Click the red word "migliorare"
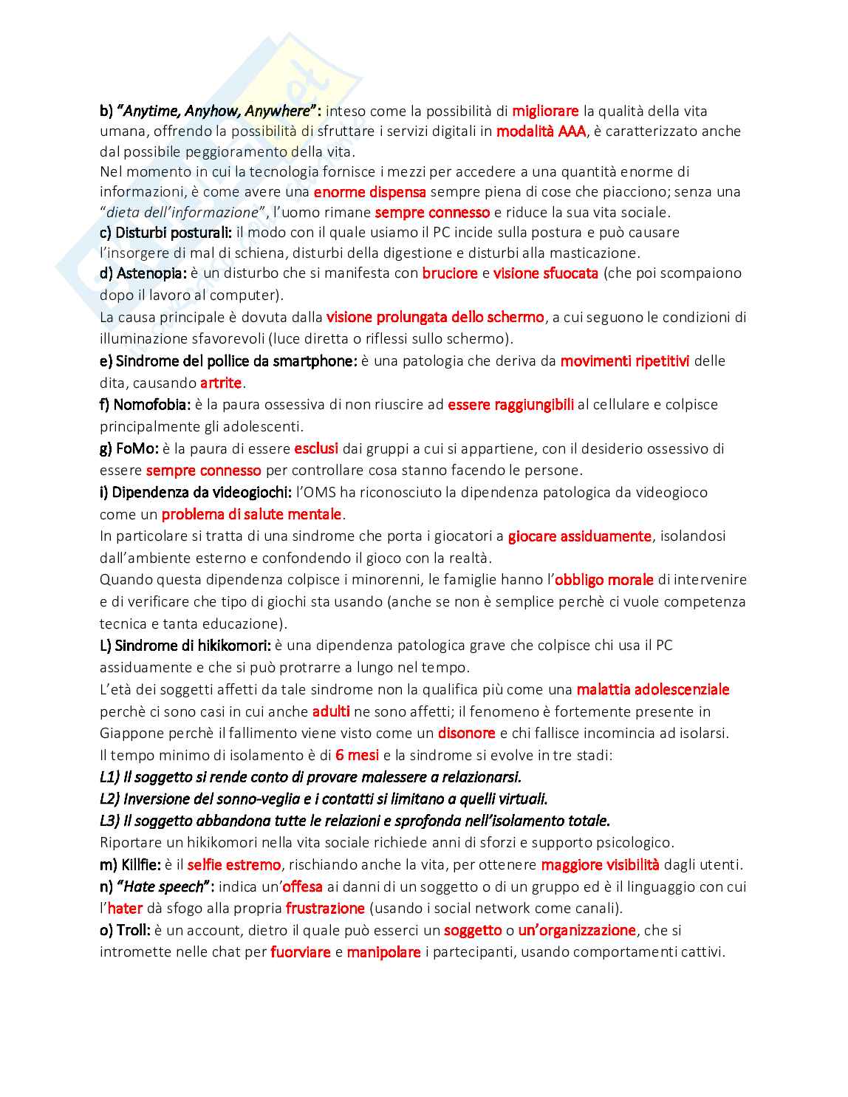pos(545,111)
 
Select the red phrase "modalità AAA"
pos(541,131)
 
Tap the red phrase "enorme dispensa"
pos(369,192)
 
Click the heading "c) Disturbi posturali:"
pos(166,232)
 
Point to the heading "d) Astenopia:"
pos(143,273)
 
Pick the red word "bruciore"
pos(450,273)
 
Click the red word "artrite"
pos(221,383)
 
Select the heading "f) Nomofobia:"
pos(146,405)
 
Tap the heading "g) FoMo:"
pos(129,448)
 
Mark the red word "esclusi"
pos(316,448)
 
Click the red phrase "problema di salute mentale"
pos(252,514)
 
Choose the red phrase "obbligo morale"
pos(604,580)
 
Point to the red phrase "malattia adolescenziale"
pos(653,689)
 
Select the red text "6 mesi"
pos(357,755)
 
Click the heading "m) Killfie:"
pos(130,864)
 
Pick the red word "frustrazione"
pos(325,908)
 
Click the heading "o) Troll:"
pos(125,930)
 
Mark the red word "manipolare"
pos(383,952)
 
